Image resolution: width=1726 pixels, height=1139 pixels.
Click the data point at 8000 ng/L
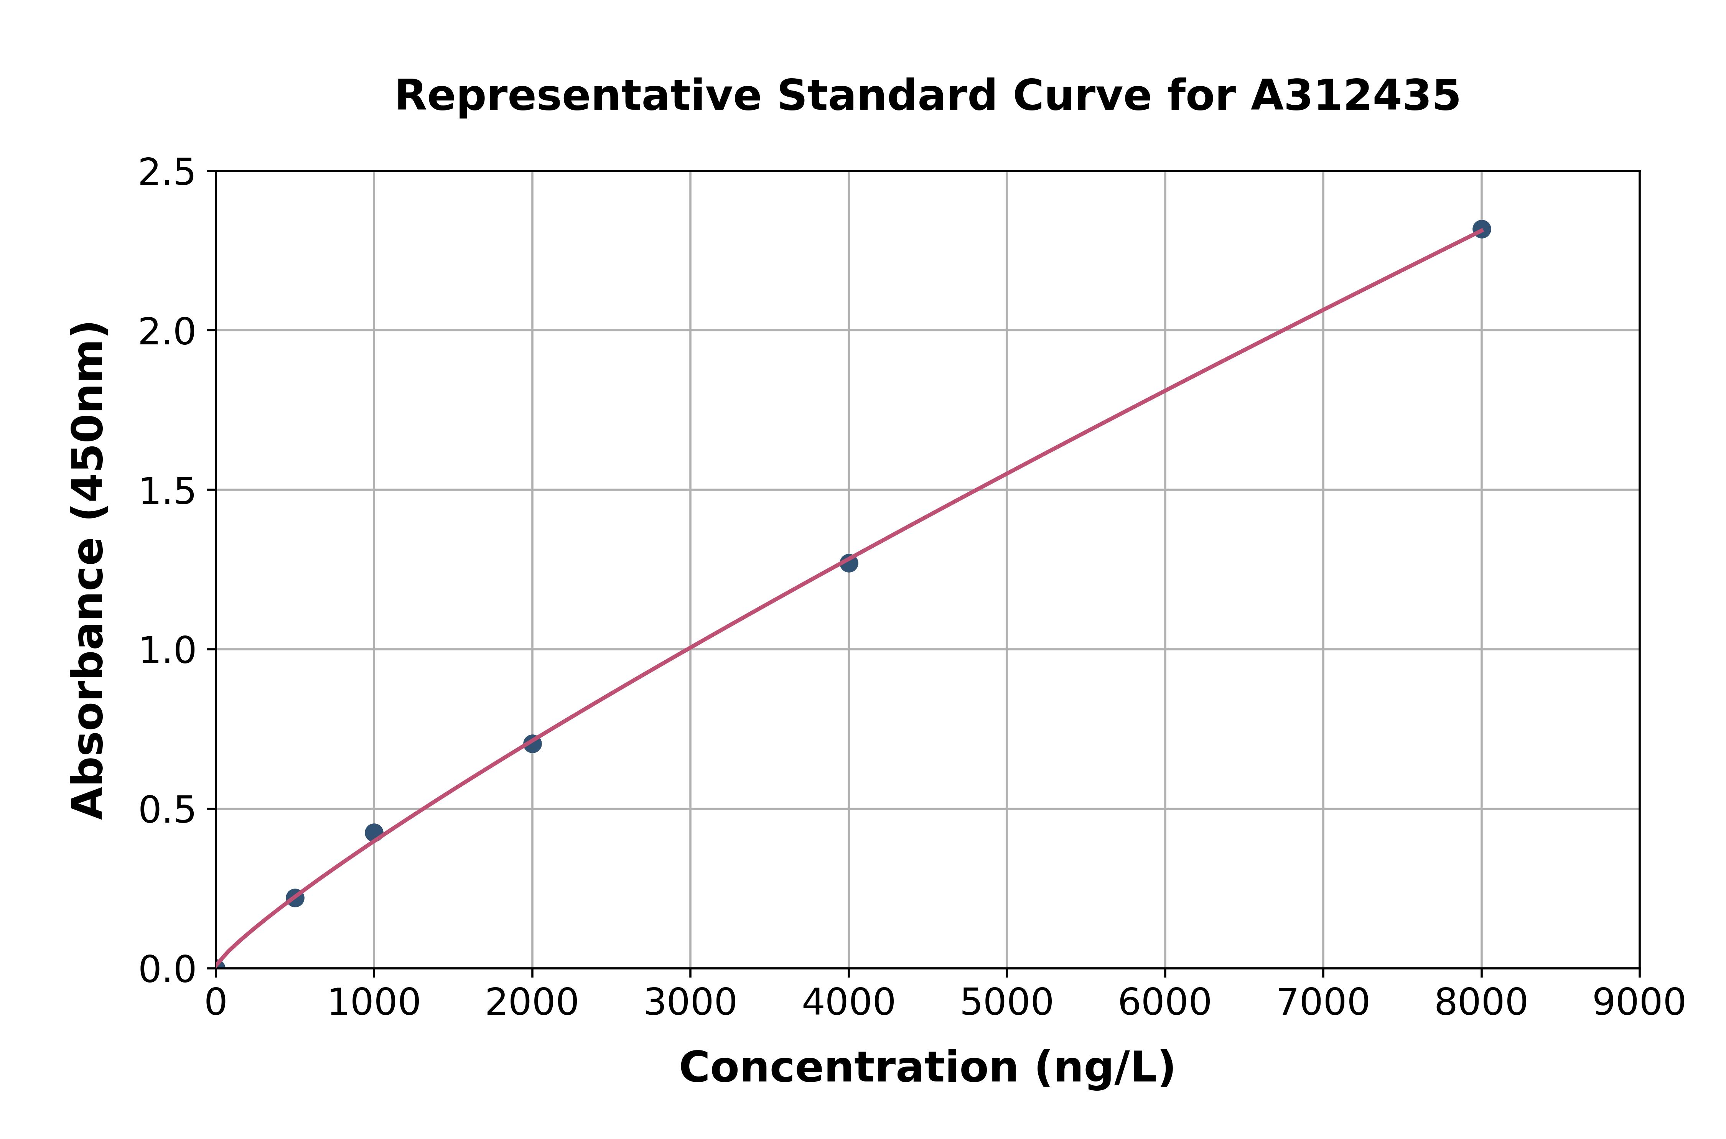coord(1481,229)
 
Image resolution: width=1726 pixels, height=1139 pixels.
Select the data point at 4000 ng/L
coord(848,563)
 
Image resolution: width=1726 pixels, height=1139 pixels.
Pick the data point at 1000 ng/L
coord(374,833)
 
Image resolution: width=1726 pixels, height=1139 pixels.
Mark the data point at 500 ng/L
coord(295,898)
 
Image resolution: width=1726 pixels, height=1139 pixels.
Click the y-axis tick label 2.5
coord(167,173)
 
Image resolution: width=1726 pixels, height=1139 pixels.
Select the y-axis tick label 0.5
coord(167,810)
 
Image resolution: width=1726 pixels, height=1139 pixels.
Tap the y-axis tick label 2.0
coord(167,332)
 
